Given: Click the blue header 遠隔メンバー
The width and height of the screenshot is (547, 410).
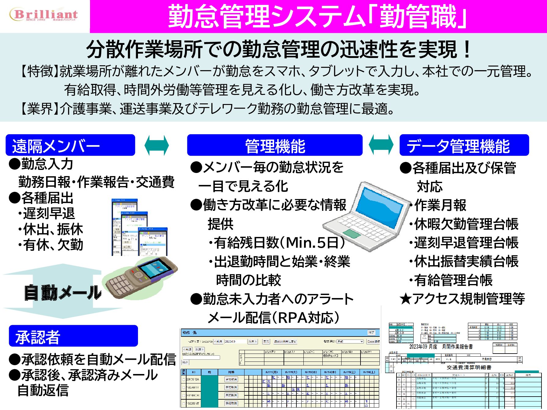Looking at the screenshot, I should pos(70,145).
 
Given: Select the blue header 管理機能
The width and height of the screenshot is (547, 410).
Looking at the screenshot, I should pos(275,145).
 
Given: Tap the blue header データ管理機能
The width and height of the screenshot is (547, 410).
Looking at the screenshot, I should pos(464,145).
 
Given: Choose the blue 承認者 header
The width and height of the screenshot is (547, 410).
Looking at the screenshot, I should pos(73,336).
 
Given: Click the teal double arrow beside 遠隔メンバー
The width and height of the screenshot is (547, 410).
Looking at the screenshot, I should pos(157,145).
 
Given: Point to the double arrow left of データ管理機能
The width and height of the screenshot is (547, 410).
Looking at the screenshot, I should pos(381,145).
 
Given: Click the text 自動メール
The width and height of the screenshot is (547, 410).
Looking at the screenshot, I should pos(63,292).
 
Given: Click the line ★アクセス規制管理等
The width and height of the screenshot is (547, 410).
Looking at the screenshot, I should pos(462,299).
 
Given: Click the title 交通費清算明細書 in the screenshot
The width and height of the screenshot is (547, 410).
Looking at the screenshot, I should pos(469,367).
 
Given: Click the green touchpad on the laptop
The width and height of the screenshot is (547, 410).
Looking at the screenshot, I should pos(352,234).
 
